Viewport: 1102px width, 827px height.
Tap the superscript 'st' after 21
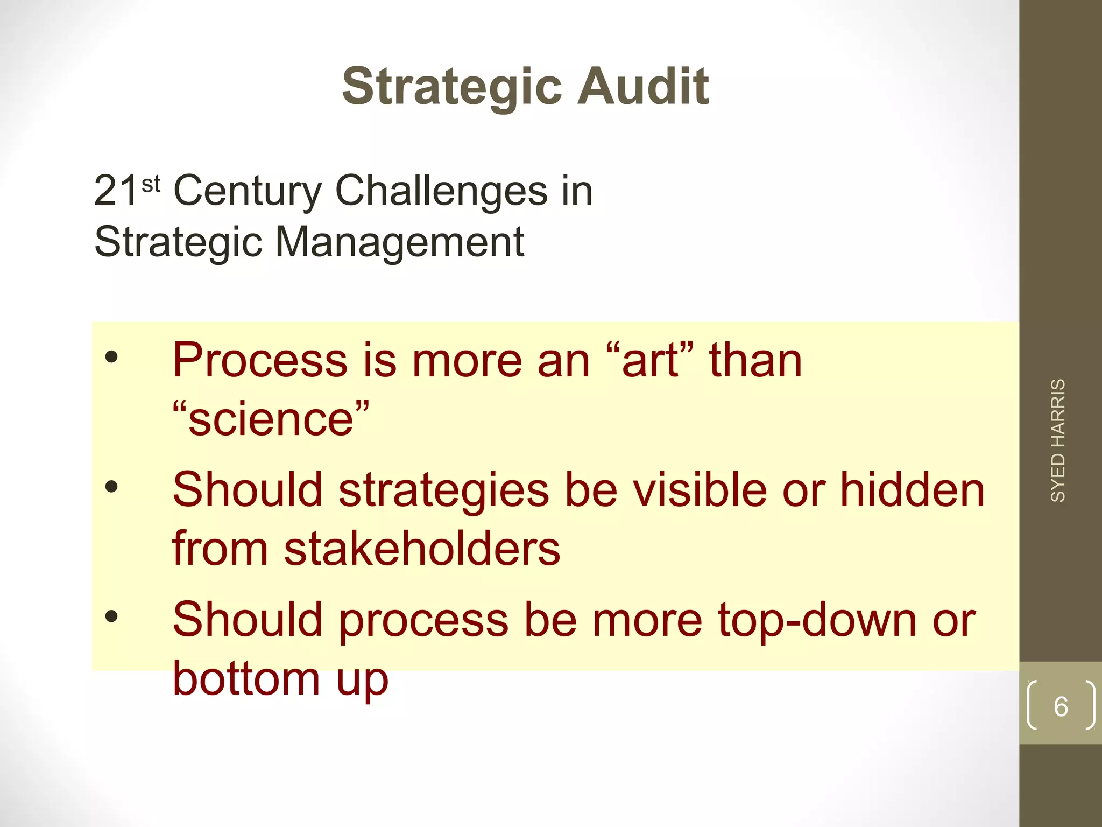pyautogui.click(x=151, y=184)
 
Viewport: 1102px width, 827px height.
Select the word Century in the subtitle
pyautogui.click(x=248, y=192)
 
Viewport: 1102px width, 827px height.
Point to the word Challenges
pyautogui.click(x=441, y=192)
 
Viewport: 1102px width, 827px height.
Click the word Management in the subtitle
pyautogui.click(x=400, y=242)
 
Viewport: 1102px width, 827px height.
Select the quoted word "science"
pyautogui.click(x=271, y=418)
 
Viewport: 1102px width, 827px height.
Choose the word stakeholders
pyautogui.click(x=422, y=549)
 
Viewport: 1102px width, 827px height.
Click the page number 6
pyautogui.click(x=1061, y=706)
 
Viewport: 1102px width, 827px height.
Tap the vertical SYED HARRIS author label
pyautogui.click(x=1058, y=440)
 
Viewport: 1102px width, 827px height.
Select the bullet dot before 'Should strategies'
pyautogui.click(x=111, y=487)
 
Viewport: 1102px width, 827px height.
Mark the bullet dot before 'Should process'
pyautogui.click(x=111, y=616)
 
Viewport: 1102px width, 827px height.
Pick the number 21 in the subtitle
pyautogui.click(x=116, y=192)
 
